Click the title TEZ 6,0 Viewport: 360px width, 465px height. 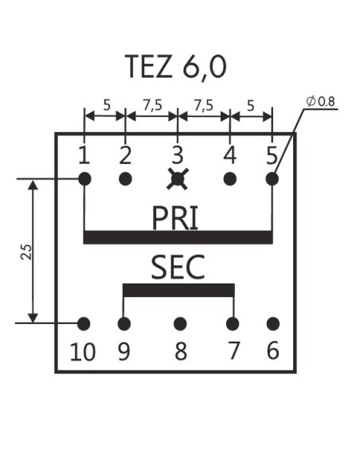tap(175, 67)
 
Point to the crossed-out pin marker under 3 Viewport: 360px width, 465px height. tap(177, 179)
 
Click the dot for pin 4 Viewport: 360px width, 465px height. tap(229, 179)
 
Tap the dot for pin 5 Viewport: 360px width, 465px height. tap(272, 179)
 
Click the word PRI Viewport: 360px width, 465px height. tap(177, 216)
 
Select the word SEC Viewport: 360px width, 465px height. tap(178, 268)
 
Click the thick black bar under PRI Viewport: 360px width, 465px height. tap(178, 236)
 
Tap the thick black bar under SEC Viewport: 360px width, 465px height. tap(178, 289)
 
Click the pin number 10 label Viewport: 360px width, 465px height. tap(82, 351)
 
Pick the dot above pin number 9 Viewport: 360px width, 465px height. tap(123, 324)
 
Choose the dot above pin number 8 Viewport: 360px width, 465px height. tap(180, 324)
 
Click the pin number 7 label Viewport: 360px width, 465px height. tap(233, 350)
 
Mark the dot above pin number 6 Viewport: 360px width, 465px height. tap(273, 324)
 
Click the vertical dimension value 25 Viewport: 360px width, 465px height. tap(26, 252)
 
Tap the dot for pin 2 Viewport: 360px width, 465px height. tap(125, 179)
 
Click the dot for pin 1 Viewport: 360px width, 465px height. tap(84, 179)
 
